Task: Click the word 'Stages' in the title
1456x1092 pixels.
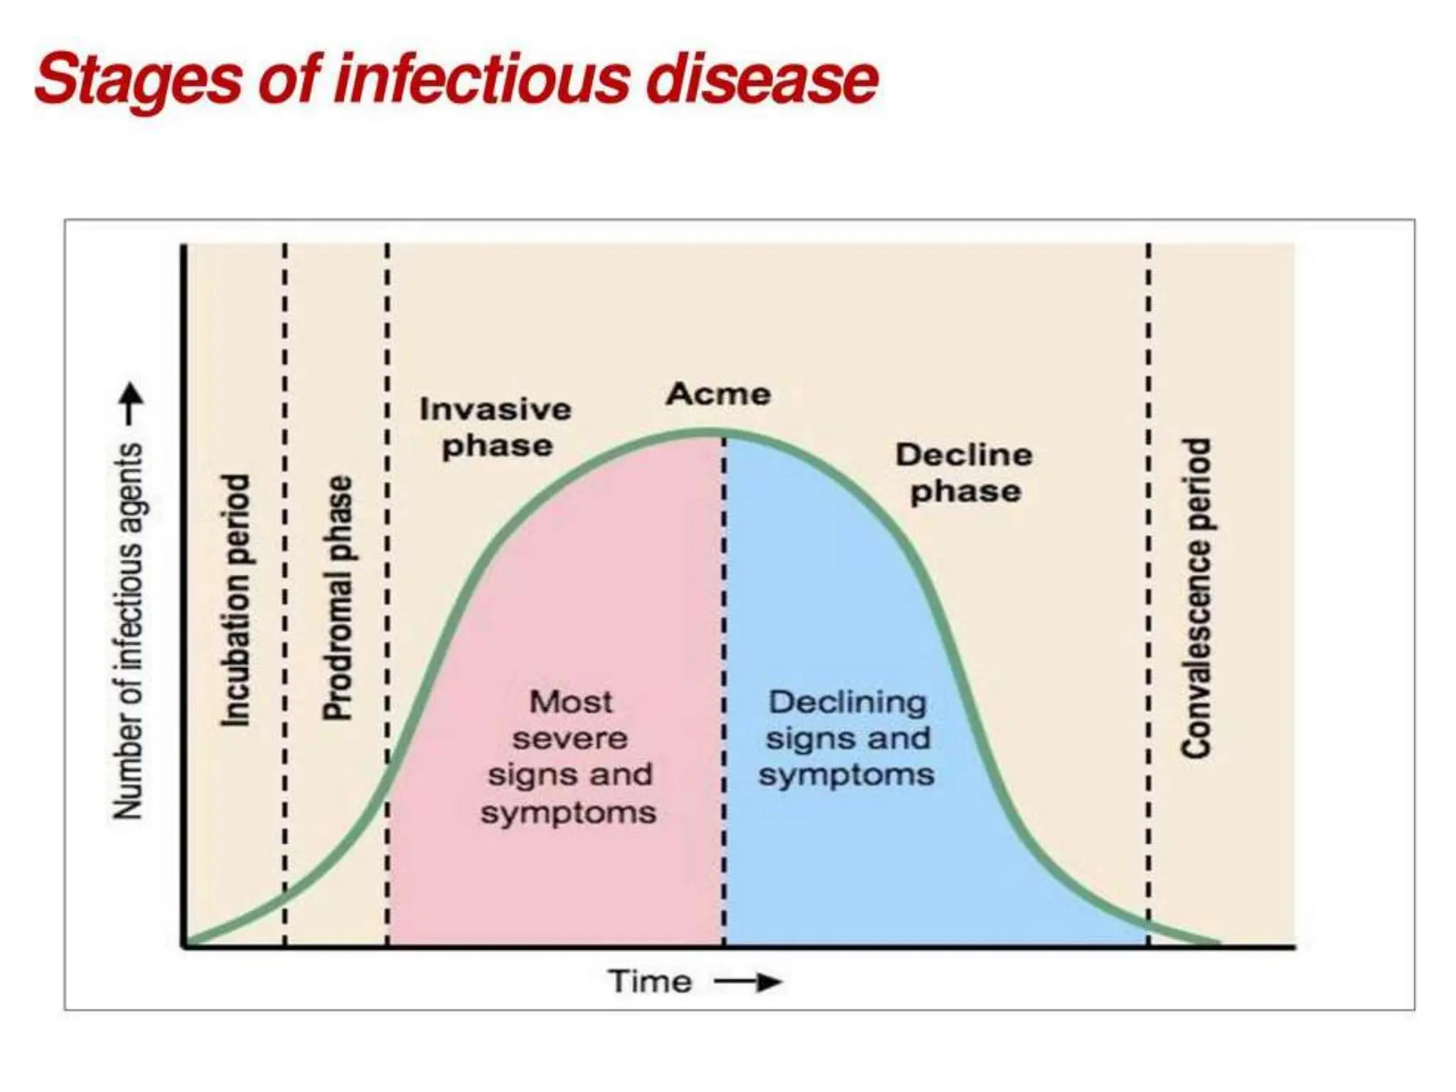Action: (138, 80)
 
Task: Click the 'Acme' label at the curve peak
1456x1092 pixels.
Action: (718, 395)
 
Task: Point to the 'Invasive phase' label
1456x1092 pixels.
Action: (496, 427)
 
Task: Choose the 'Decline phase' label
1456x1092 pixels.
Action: (964, 473)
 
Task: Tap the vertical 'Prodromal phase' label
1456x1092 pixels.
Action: (338, 598)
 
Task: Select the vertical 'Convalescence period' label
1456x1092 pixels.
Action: (1197, 598)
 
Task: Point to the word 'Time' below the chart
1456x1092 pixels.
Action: (651, 982)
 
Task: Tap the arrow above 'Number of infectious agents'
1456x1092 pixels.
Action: (130, 404)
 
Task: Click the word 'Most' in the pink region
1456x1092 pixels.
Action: (570, 702)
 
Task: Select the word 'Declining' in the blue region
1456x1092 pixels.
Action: (847, 702)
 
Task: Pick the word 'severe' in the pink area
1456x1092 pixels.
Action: (570, 739)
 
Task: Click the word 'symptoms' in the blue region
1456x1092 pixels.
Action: (846, 775)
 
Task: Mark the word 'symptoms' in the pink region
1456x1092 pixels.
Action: (568, 813)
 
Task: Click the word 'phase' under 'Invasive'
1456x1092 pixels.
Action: (497, 446)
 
